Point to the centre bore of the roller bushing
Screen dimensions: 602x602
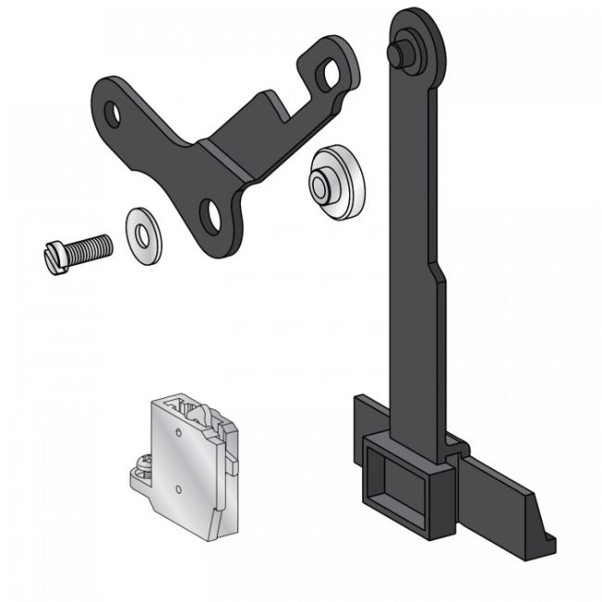(319, 184)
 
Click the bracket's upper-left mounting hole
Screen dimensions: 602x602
(112, 115)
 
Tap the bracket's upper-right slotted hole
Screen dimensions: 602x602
(329, 77)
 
